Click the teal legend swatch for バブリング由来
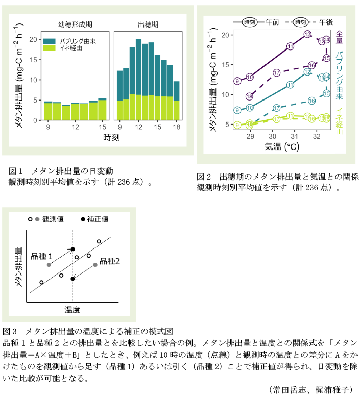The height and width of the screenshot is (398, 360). point(50,40)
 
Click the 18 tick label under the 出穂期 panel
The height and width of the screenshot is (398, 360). point(177,127)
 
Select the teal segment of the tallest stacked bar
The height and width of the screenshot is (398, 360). point(139,66)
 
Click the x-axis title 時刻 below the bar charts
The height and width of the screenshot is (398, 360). point(111,138)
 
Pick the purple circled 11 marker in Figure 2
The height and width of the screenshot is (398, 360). point(291,46)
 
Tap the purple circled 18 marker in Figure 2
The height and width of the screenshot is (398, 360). point(250,96)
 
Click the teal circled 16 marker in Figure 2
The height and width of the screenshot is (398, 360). point(312,101)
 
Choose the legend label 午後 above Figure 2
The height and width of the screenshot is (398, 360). point(325,22)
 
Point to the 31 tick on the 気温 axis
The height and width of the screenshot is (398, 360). point(294,137)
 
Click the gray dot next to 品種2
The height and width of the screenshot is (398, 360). point(95,265)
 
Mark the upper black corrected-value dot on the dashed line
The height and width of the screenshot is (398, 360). point(73,249)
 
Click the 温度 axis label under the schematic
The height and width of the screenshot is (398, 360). point(72,310)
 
